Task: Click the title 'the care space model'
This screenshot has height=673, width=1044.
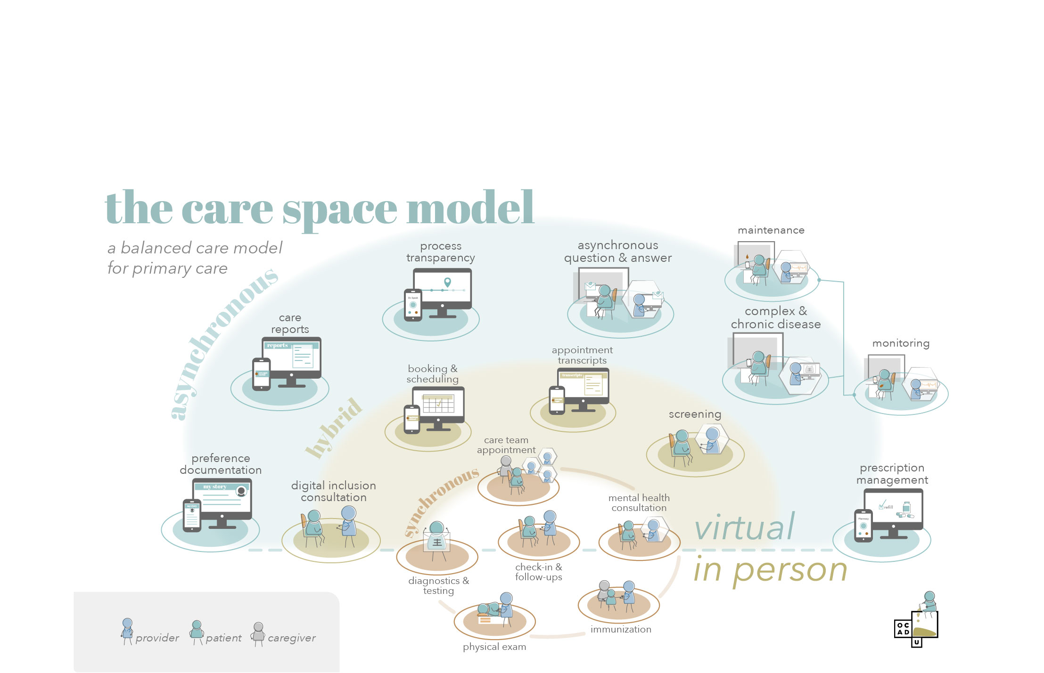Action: pos(319,208)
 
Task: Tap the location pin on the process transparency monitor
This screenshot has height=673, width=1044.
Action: pos(447,282)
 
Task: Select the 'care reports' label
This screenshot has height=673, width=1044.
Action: pos(290,324)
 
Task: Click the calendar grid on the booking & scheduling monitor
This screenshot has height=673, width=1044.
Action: pos(438,404)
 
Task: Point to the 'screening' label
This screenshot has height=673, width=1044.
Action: pos(695,414)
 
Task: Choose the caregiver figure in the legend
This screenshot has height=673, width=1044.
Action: pos(258,633)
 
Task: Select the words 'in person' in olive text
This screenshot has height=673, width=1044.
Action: pos(770,570)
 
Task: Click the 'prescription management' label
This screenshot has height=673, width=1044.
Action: pos(892,474)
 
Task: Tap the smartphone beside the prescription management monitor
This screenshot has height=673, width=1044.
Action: pos(863,525)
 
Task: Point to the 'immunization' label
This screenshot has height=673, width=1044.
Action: pos(621,630)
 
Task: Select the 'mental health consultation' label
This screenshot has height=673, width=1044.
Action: pos(639,503)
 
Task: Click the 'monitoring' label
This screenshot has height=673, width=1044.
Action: pos(901,343)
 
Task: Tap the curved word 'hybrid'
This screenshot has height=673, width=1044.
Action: pos(334,428)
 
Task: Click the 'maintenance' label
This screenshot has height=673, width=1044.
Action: pos(771,230)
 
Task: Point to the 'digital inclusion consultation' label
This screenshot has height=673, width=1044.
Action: pos(333,491)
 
